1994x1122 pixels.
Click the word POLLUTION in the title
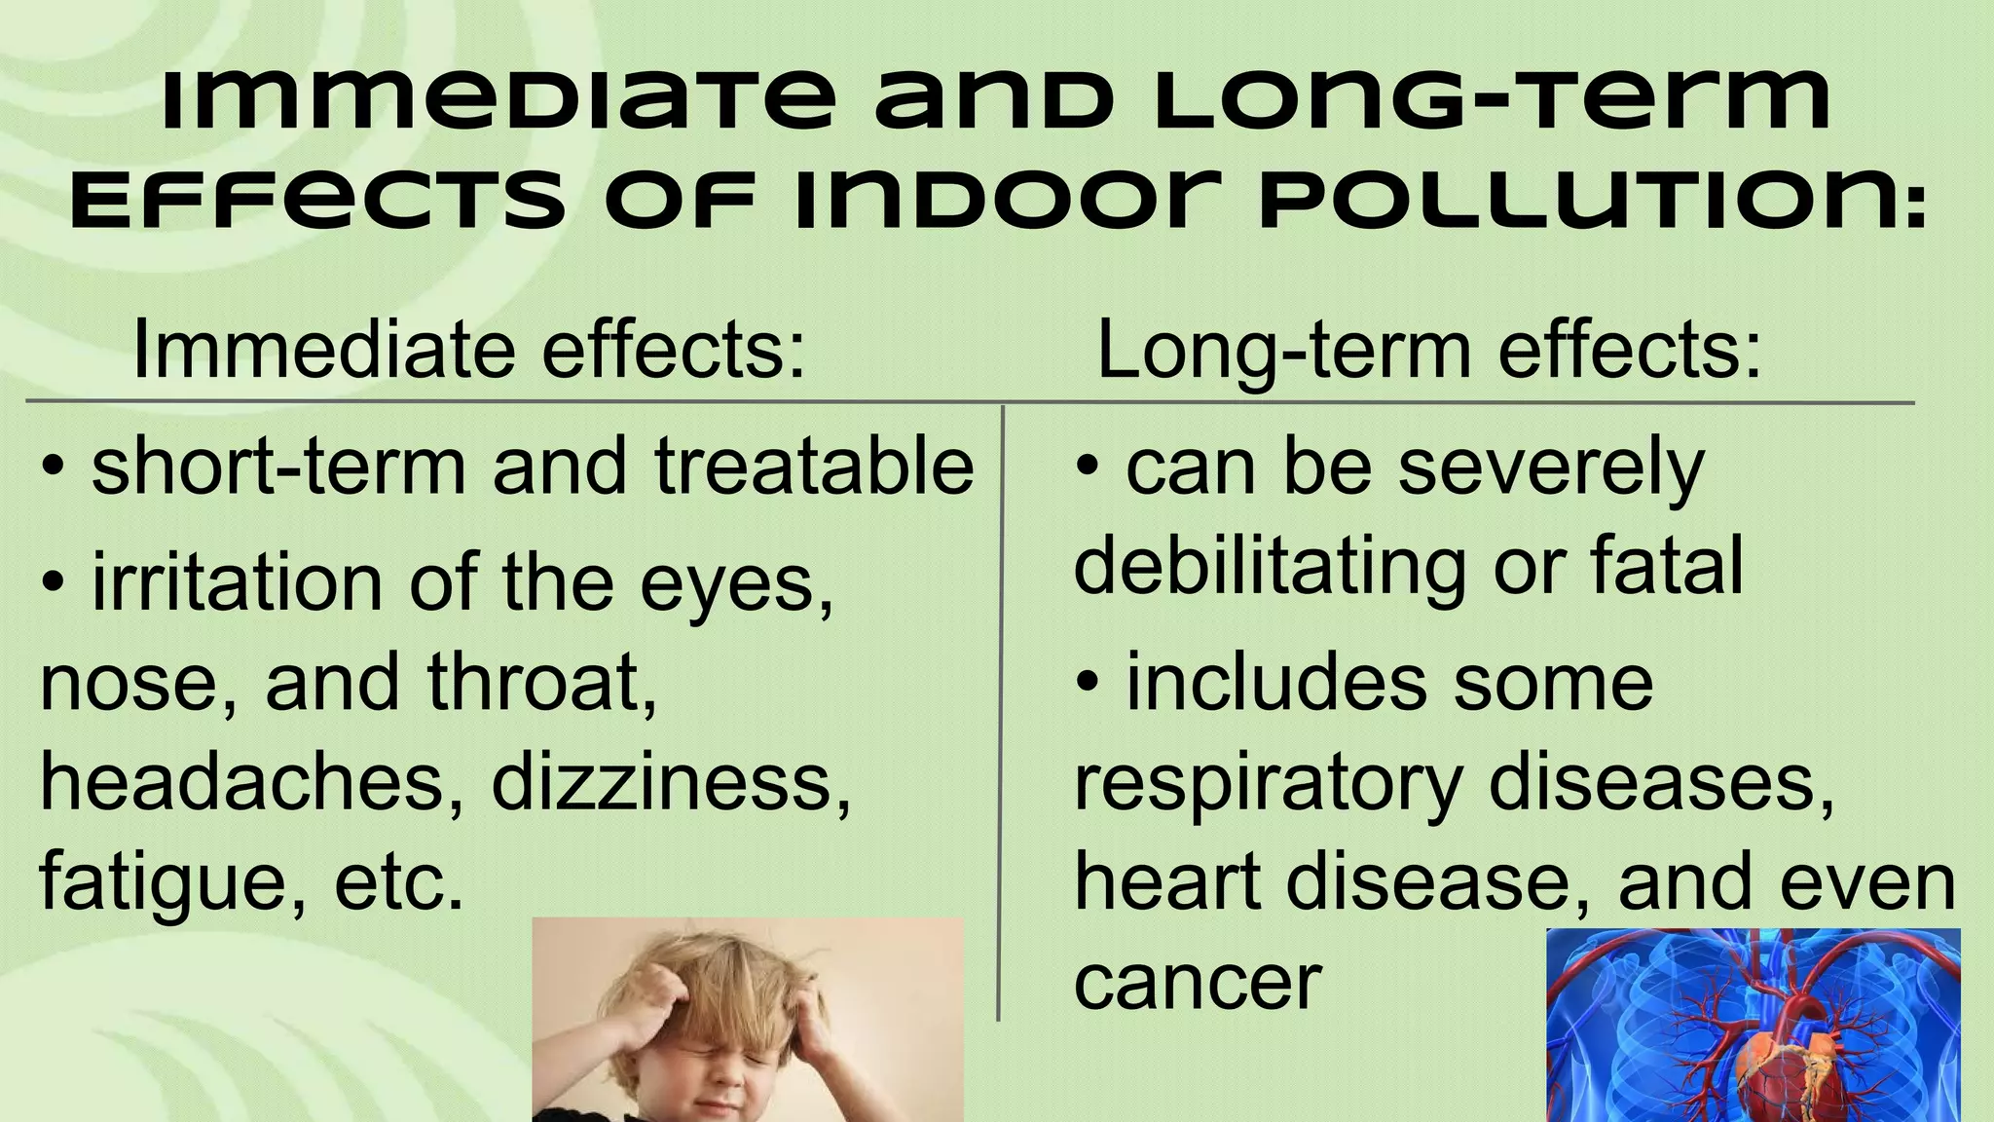point(1592,201)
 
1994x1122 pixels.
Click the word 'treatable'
point(814,467)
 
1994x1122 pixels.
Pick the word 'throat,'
point(541,682)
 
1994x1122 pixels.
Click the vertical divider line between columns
point(1001,711)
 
